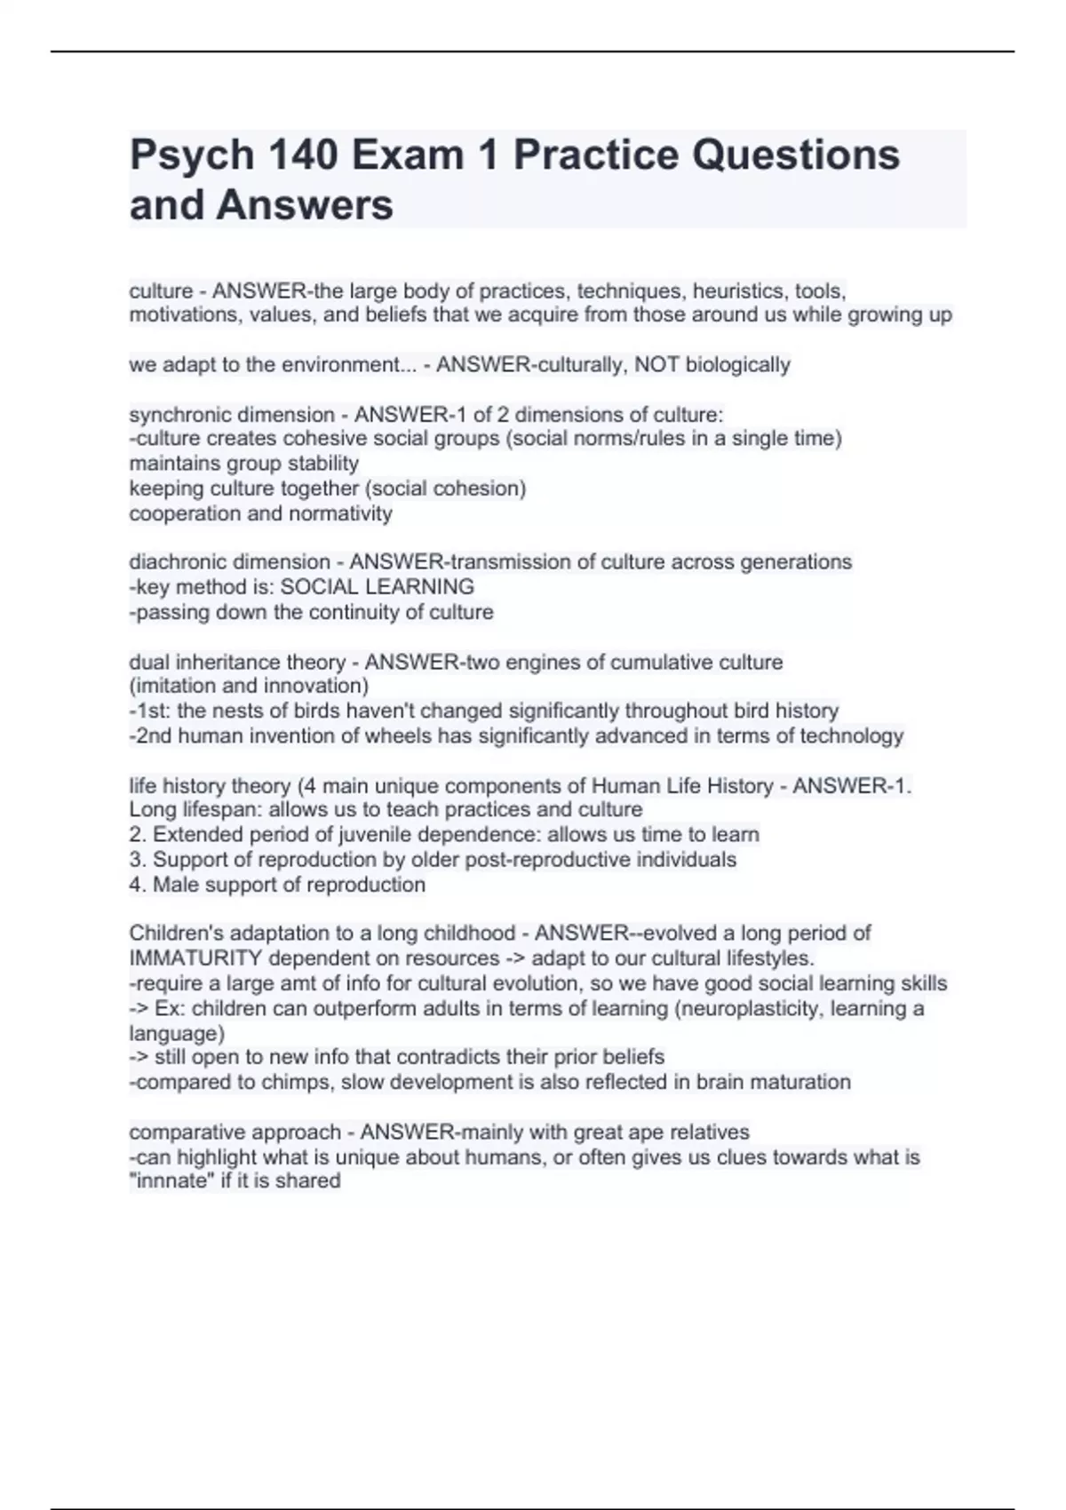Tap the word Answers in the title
(x=304, y=205)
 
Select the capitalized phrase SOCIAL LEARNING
(x=377, y=587)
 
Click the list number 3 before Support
(x=136, y=860)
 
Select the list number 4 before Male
(x=136, y=885)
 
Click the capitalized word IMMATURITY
(x=195, y=958)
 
